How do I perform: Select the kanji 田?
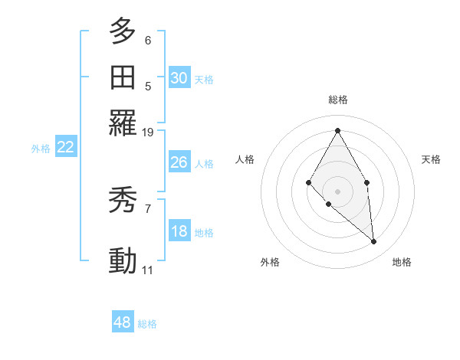pyautogui.click(x=123, y=77)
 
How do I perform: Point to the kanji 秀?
pyautogui.click(x=123, y=201)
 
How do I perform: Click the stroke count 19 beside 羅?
pyautogui.click(x=148, y=133)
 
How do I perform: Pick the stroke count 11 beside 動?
pyautogui.click(x=148, y=270)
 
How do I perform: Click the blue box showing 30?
pyautogui.click(x=179, y=78)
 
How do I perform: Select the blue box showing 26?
pyautogui.click(x=179, y=162)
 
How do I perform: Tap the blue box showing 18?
pyautogui.click(x=179, y=232)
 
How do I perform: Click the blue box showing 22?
pyautogui.click(x=65, y=148)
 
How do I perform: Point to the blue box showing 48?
pyautogui.click(x=123, y=322)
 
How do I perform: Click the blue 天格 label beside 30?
pyautogui.click(x=204, y=80)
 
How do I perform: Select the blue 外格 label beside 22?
pyautogui.click(x=41, y=149)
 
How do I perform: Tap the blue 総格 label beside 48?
pyautogui.click(x=147, y=324)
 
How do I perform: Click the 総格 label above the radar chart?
pyautogui.click(x=338, y=100)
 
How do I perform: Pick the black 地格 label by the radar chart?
pyautogui.click(x=402, y=263)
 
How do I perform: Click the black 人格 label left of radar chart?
pyautogui.click(x=245, y=159)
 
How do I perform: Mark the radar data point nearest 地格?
pyautogui.click(x=374, y=242)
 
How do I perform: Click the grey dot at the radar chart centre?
pyautogui.click(x=337, y=191)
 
